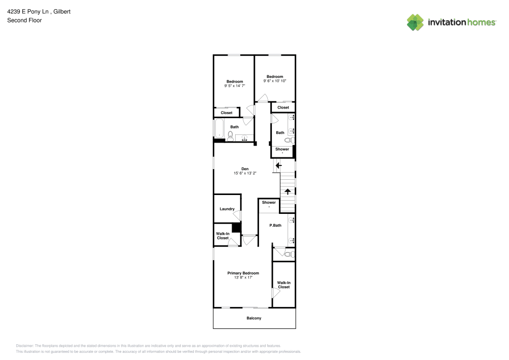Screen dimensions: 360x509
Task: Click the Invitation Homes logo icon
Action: [x=415, y=22]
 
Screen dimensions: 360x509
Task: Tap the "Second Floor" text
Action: [x=24, y=20]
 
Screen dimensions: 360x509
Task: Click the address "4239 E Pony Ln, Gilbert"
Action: [x=39, y=11]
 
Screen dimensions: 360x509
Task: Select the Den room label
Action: [x=245, y=169]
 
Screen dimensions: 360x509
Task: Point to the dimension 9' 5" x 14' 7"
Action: [x=235, y=86]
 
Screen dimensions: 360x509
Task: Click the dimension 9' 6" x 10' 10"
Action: [x=275, y=81]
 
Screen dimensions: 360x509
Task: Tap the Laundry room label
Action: [x=227, y=209]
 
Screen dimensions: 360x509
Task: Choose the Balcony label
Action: [x=254, y=318]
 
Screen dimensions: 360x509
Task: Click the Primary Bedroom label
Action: [x=243, y=273]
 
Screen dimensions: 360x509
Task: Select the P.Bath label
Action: [x=275, y=225]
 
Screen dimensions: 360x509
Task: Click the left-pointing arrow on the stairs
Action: [x=278, y=165]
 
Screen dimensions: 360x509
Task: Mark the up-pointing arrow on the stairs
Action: [x=288, y=191]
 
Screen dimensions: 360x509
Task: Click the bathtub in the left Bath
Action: [x=219, y=129]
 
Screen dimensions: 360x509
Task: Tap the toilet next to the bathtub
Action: [x=231, y=135]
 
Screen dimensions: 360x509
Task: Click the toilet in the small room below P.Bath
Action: [x=288, y=254]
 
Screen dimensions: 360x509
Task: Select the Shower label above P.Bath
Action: [x=269, y=203]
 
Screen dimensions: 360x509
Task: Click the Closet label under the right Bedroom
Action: [x=284, y=107]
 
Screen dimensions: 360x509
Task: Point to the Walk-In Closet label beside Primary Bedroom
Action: [x=284, y=285]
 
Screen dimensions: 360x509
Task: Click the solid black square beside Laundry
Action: [x=236, y=228]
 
